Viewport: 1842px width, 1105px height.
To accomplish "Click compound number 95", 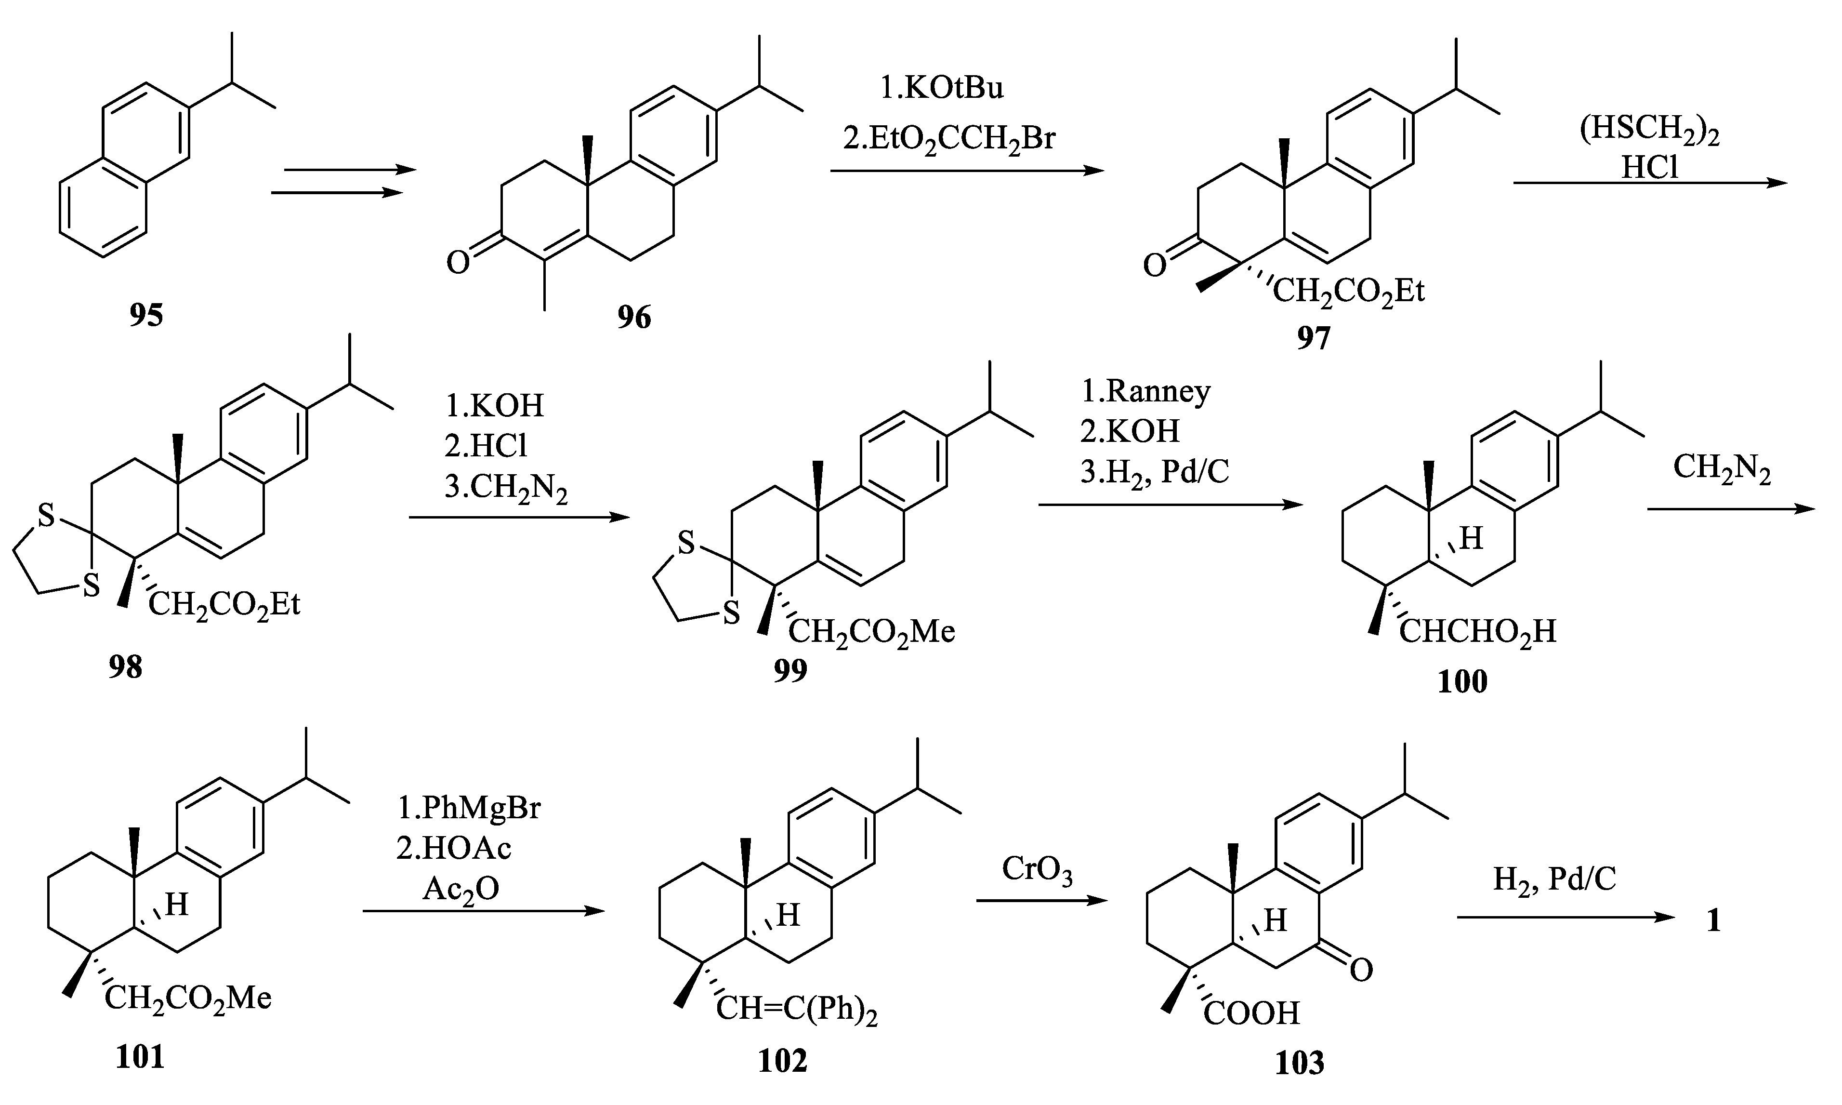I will pyautogui.click(x=146, y=315).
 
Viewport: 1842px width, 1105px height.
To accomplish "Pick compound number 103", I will pyautogui.click(x=1300, y=1063).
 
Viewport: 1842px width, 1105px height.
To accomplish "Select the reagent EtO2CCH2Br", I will pyautogui.click(x=949, y=138).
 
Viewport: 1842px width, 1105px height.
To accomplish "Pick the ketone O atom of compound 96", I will pyautogui.click(x=458, y=262).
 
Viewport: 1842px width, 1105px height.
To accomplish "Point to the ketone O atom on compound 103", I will pyautogui.click(x=1360, y=970).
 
